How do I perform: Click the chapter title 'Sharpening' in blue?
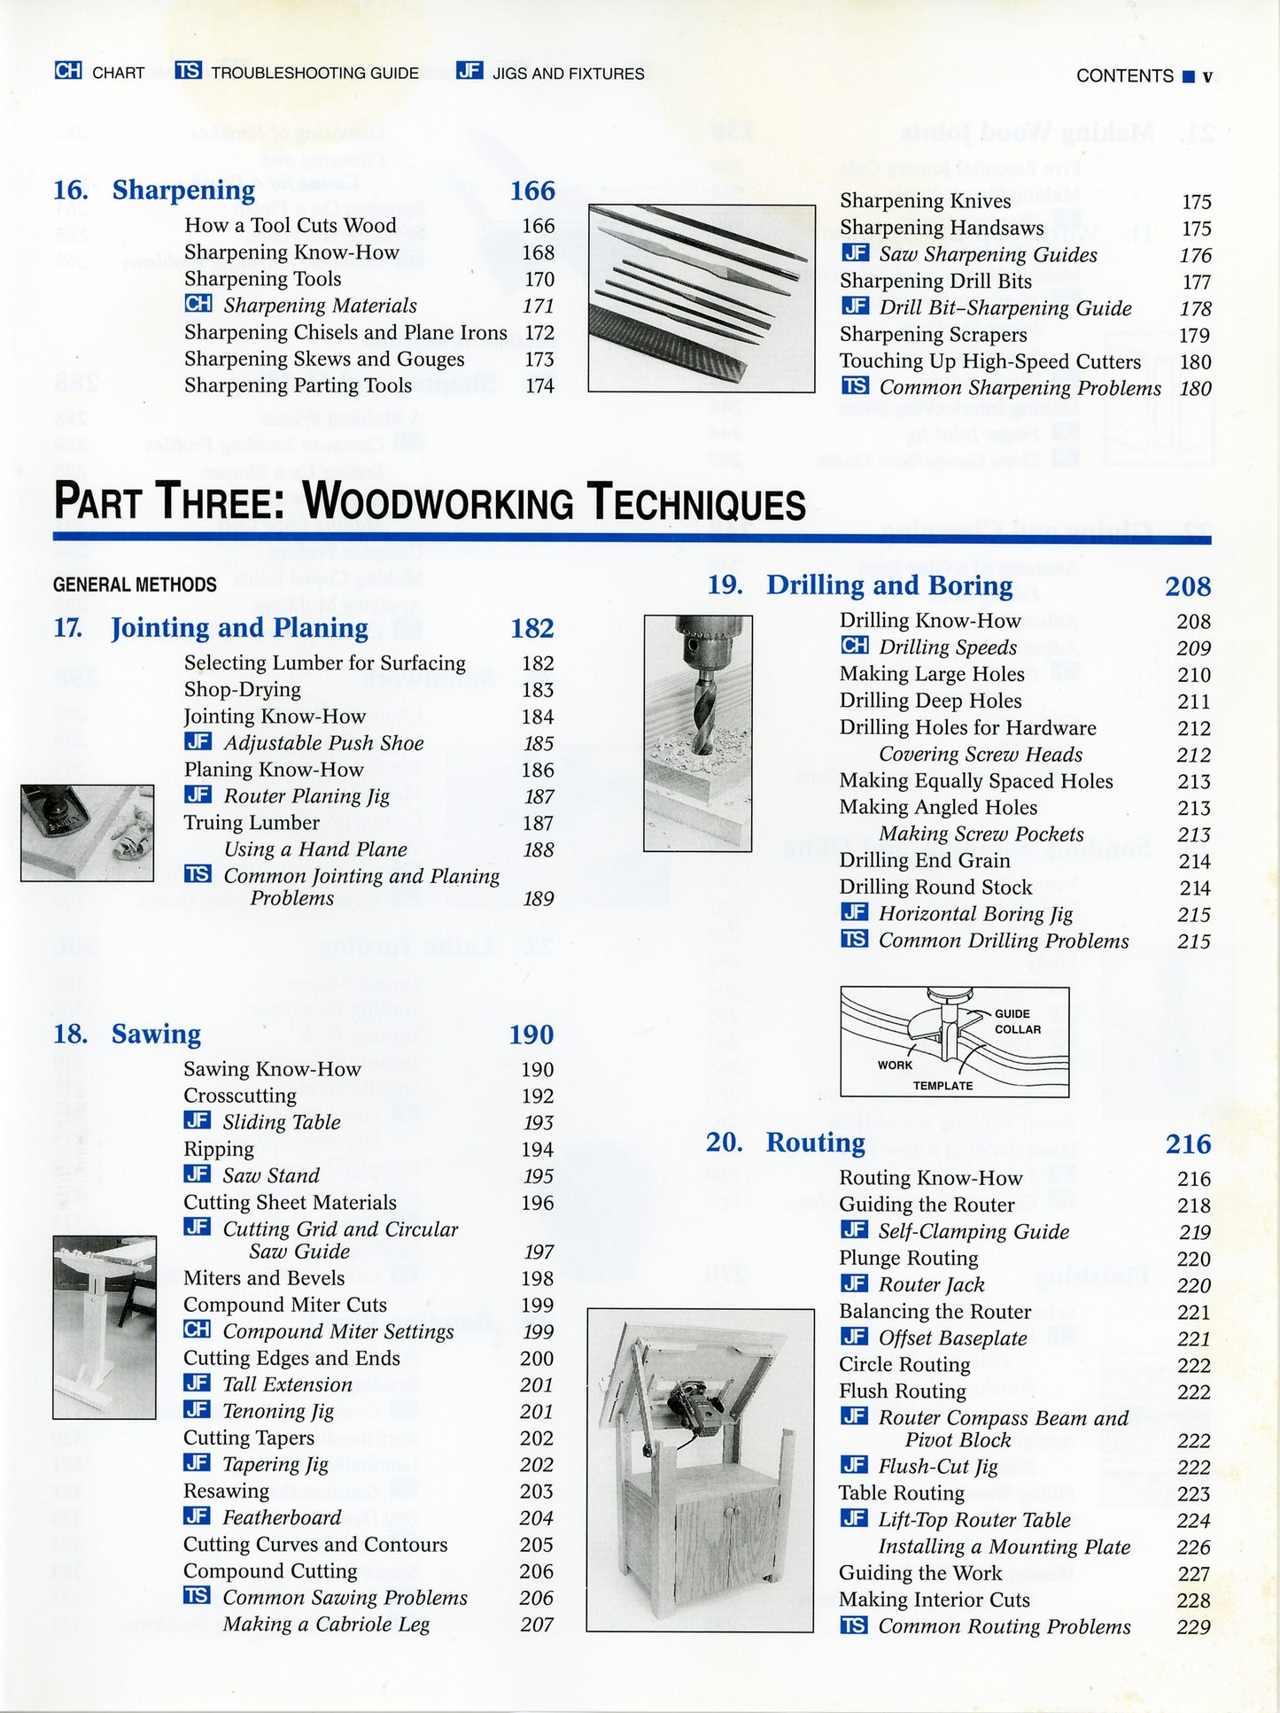[183, 190]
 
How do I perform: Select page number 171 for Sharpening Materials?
[538, 306]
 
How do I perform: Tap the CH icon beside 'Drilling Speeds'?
[854, 646]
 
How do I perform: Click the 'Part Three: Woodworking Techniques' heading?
[430, 501]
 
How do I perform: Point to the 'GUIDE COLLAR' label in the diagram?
[1015, 1021]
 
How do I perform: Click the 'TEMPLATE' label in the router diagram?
[943, 1085]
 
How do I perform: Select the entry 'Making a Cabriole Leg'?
[326, 1624]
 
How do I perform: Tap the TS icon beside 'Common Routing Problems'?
[854, 1625]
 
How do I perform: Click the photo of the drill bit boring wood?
[698, 732]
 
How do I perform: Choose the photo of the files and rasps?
[702, 298]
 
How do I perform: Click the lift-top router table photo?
[701, 1469]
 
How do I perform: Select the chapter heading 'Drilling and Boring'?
[888, 585]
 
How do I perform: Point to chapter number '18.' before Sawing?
[70, 1035]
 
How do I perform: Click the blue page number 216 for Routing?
[1187, 1143]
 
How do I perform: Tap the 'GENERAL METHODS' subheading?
[135, 585]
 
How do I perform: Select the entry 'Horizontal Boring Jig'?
[975, 914]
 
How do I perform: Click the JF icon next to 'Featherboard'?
[197, 1516]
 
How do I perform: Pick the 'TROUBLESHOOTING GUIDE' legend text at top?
[314, 73]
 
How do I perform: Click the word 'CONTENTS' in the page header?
[1124, 76]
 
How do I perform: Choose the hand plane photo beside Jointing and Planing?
[87, 832]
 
